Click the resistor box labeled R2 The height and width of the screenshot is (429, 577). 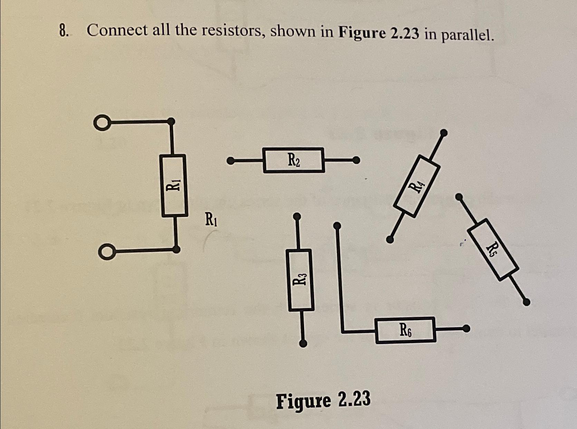coord(294,160)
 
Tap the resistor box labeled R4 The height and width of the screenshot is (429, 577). coord(417,186)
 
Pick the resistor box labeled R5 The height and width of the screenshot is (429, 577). coord(493,248)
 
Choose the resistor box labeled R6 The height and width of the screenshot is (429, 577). coord(405,330)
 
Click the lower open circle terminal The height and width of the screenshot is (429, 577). coord(105,252)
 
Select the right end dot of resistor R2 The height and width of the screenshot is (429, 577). coord(356,160)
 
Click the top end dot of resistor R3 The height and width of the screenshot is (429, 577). coord(297,217)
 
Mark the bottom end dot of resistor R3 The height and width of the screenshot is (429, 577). coord(303,343)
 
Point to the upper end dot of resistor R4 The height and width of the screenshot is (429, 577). coord(444,132)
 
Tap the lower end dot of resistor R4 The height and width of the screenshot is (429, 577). coord(390,239)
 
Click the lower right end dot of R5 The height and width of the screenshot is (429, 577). coord(526,302)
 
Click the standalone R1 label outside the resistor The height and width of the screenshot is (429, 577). coord(211,219)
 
